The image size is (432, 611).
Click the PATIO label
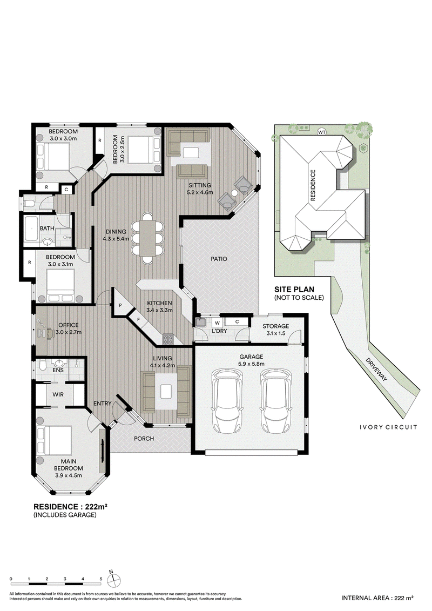click(219, 259)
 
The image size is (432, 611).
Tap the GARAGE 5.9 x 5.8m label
click(251, 360)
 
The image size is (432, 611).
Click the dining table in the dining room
click(147, 238)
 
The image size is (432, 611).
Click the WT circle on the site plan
click(322, 132)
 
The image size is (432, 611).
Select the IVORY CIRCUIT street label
click(388, 427)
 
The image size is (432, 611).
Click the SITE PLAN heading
click(294, 290)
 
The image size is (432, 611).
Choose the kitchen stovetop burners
click(168, 339)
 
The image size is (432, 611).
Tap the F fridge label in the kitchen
click(138, 319)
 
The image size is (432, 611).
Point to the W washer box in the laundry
click(218, 323)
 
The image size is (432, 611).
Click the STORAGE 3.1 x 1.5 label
click(276, 330)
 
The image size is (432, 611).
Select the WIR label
click(58, 394)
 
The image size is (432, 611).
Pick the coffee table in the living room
click(166, 390)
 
